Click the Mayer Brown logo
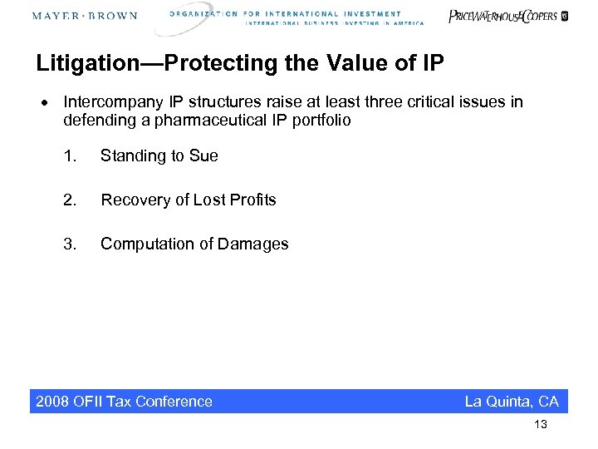85,17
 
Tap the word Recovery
135,200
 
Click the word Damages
253,244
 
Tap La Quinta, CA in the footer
512,402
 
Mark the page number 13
541,425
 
